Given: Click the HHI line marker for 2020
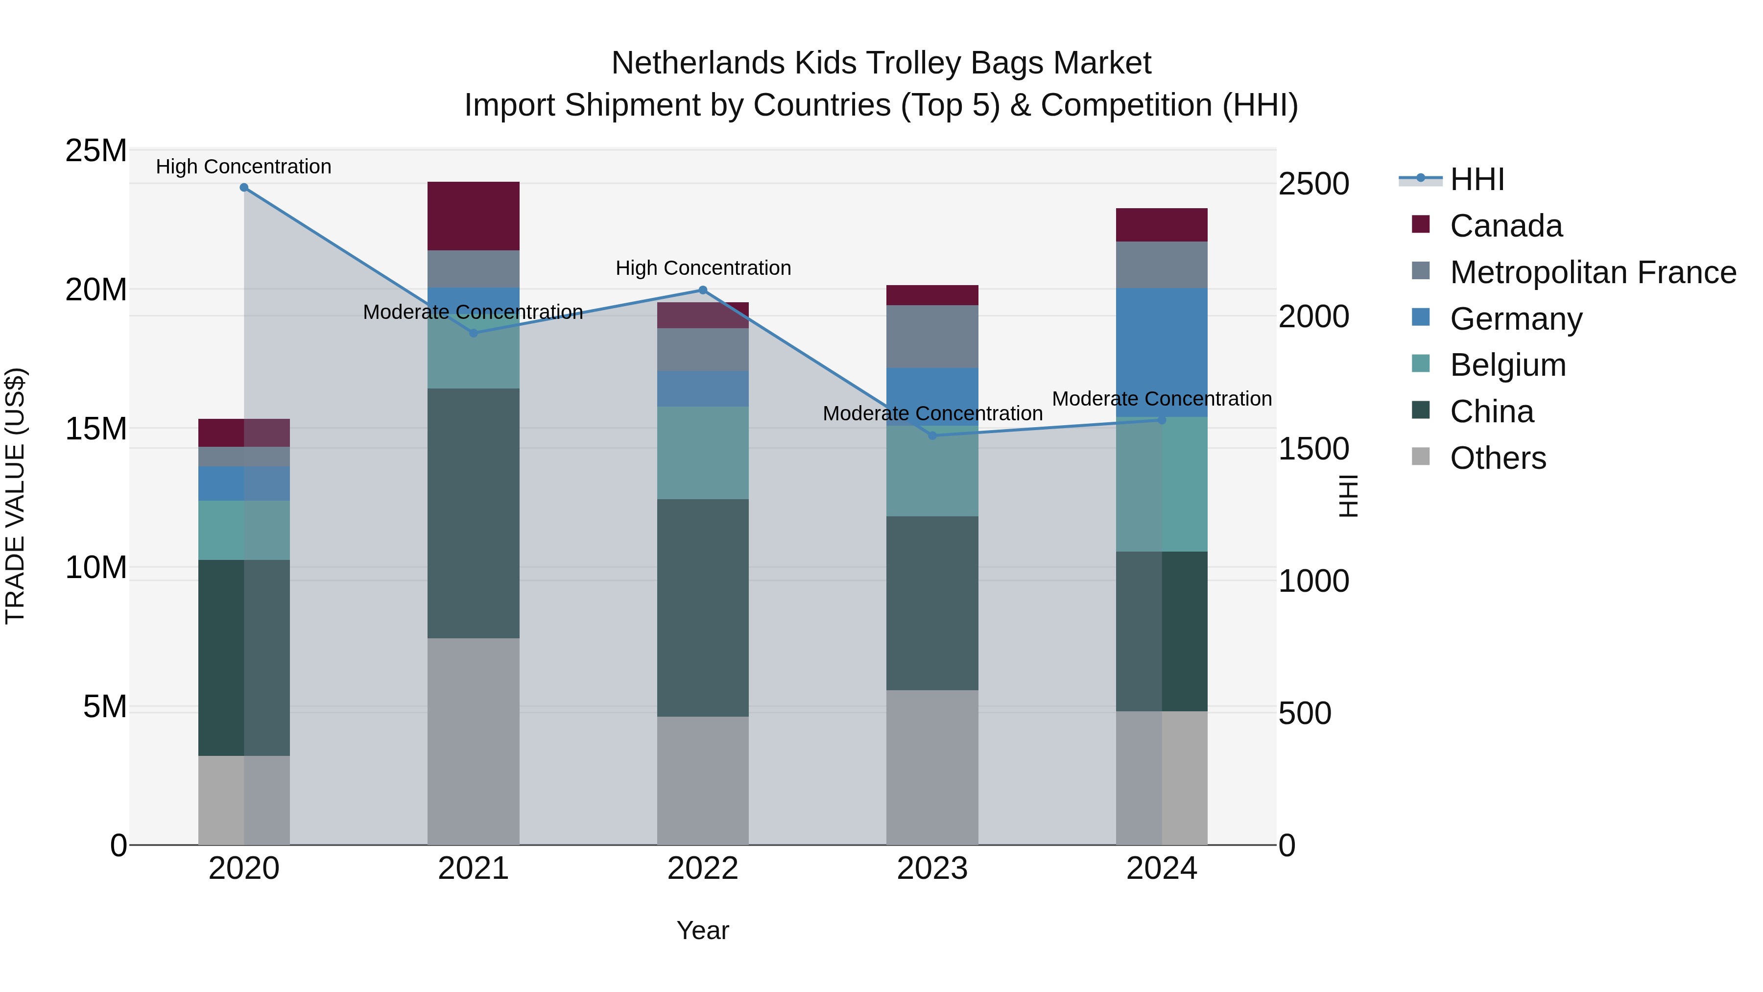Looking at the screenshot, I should click(x=244, y=188).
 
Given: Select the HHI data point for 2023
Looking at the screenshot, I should click(x=932, y=436).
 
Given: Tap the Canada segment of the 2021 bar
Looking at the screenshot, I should click(x=473, y=216).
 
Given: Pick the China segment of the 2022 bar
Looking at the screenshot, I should click(x=702, y=607).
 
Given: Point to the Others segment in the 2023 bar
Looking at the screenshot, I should click(x=932, y=767).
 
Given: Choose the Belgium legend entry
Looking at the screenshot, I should click(x=1508, y=365).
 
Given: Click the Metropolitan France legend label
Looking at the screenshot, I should click(x=1593, y=272).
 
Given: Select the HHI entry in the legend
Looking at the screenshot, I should click(x=1477, y=179).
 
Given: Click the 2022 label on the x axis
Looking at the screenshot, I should click(x=702, y=869).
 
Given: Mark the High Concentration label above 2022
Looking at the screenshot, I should click(x=703, y=267).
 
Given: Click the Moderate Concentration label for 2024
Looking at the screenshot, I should click(x=1162, y=398).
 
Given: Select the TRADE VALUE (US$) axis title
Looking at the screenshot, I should click(x=15, y=496).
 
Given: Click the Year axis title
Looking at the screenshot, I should click(x=702, y=930).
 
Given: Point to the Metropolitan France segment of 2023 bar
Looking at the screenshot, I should click(x=932, y=336).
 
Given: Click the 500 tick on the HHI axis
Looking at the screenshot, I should click(x=1305, y=713).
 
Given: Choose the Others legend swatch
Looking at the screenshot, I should click(x=1421, y=457).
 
